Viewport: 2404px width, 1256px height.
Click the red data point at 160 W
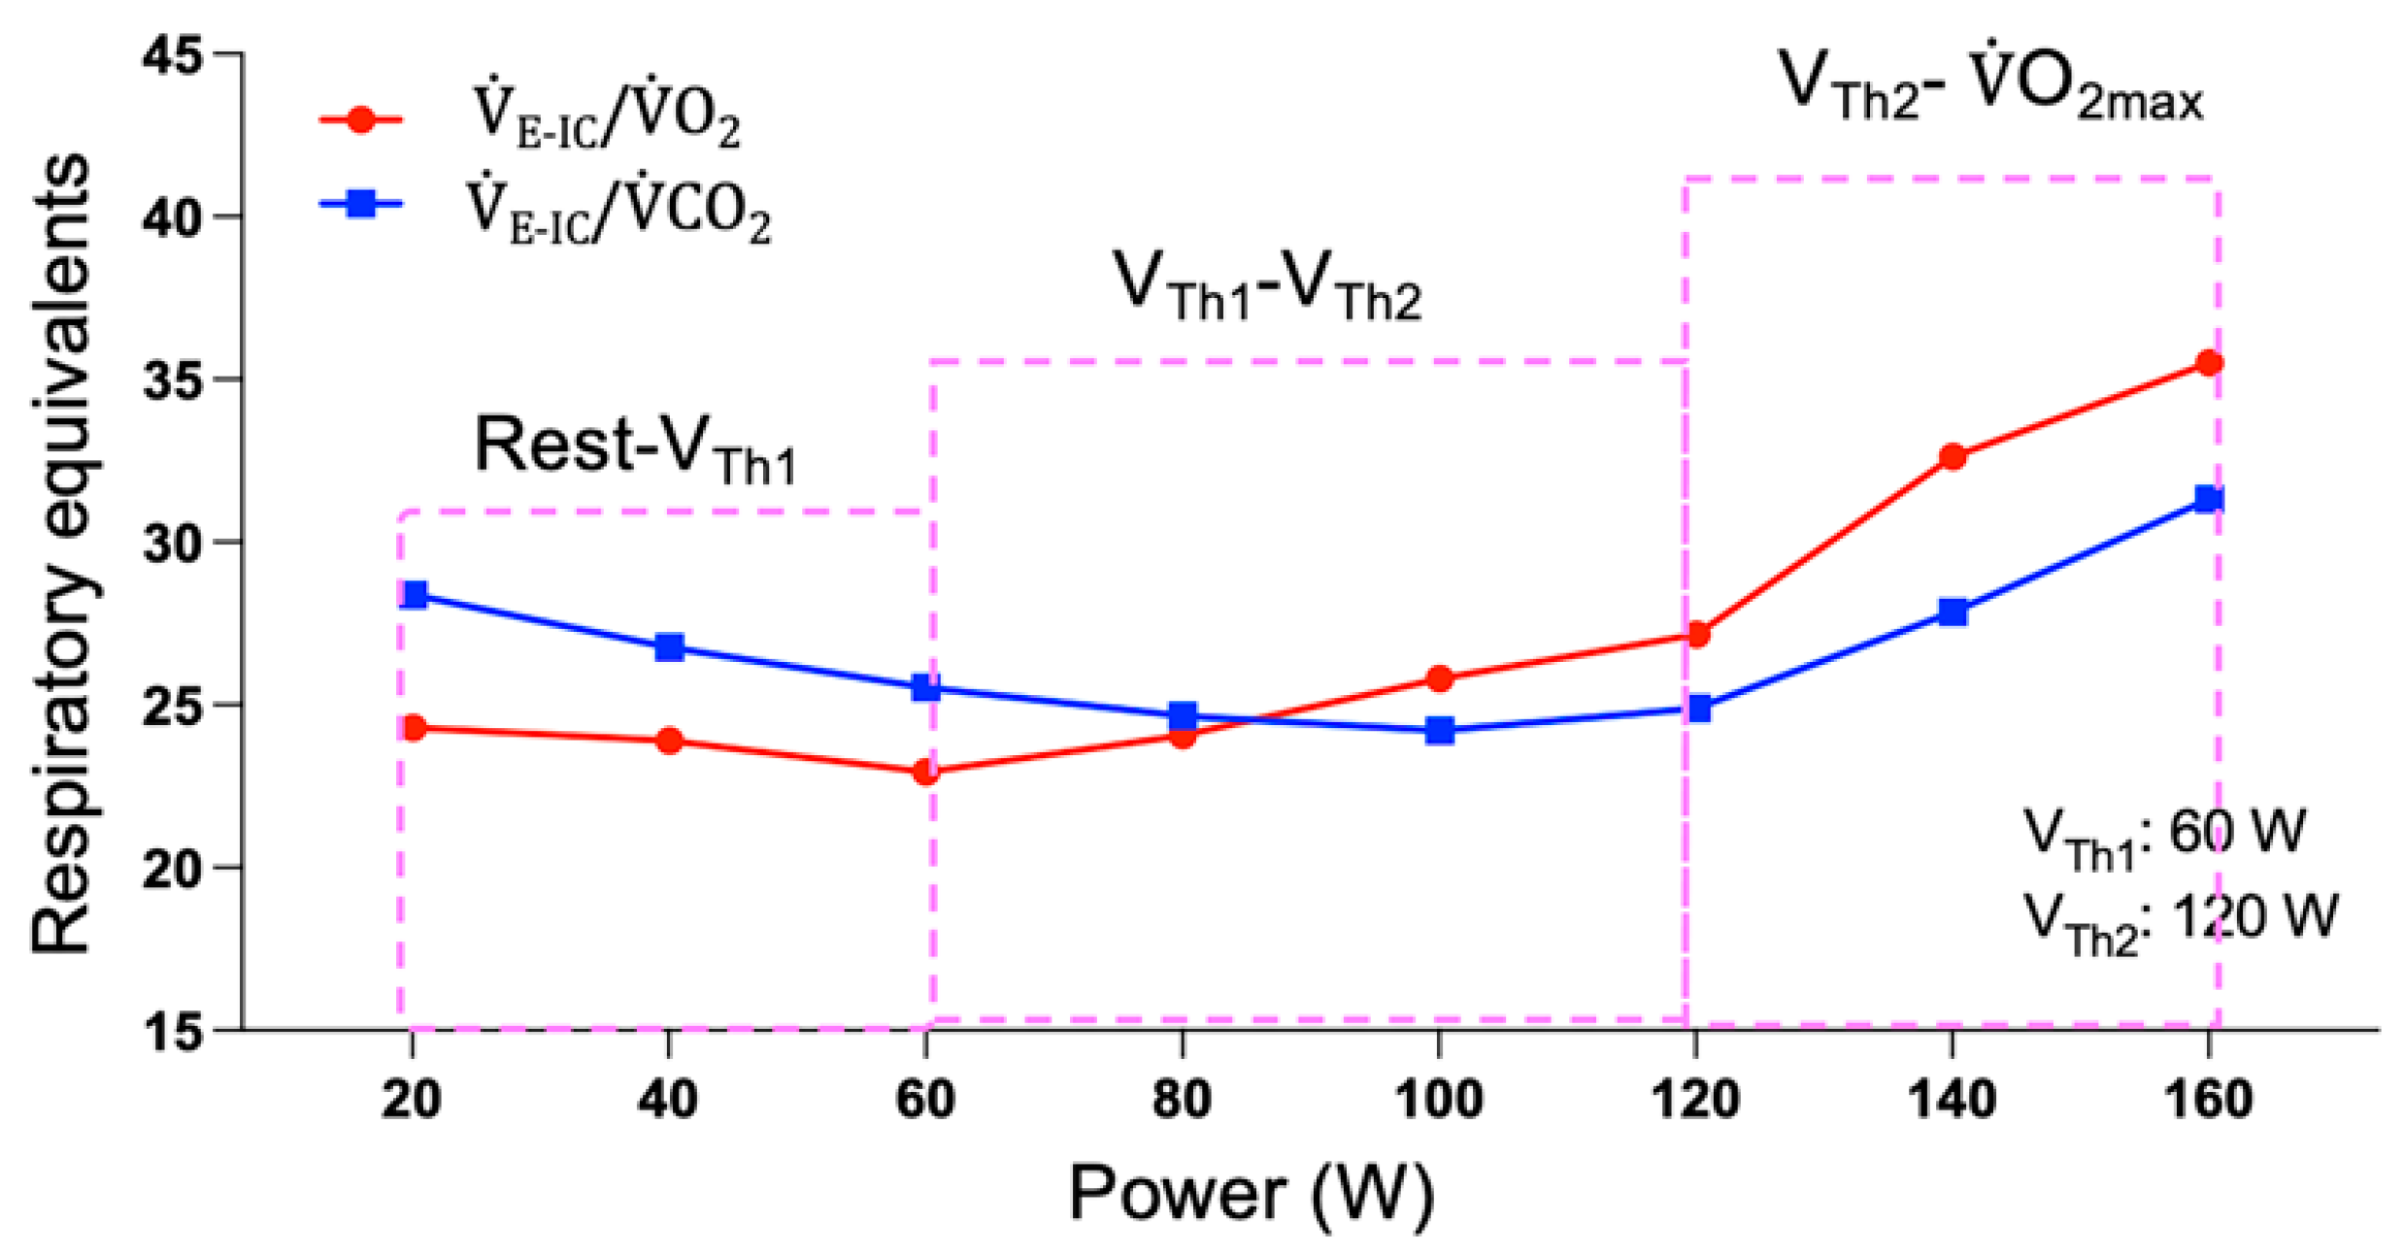2209,363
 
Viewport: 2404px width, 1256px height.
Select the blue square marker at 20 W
414,595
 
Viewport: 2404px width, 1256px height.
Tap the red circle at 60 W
926,773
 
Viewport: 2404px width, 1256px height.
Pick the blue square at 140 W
1953,612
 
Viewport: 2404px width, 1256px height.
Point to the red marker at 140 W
1953,456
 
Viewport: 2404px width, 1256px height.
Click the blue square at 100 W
1439,730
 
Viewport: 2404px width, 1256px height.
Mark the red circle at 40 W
669,742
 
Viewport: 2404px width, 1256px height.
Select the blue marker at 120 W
1698,709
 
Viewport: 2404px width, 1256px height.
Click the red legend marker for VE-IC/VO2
361,120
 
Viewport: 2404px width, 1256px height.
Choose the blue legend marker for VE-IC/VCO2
361,204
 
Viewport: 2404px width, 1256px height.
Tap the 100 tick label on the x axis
1438,1101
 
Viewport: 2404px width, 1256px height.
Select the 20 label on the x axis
412,1101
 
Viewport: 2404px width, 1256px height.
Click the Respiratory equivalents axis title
60,553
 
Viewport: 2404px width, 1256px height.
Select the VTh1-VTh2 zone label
1266,285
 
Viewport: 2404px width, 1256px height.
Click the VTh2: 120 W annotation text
2180,918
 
